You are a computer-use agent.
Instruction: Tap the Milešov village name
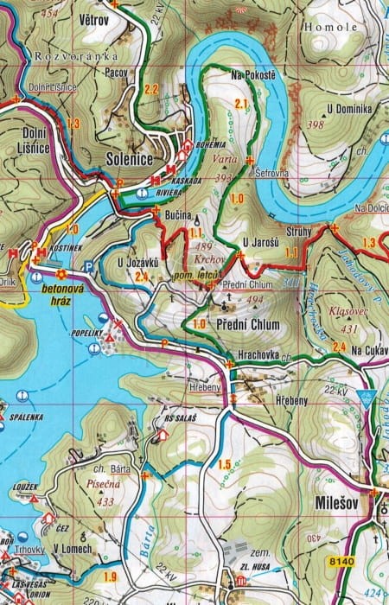tap(333, 502)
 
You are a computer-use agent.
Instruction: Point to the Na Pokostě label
tap(253, 77)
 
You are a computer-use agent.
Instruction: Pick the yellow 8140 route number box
tap(343, 562)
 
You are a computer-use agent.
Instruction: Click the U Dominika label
tap(349, 109)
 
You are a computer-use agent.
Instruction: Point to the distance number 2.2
tap(151, 89)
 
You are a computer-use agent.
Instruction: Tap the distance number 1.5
tap(225, 465)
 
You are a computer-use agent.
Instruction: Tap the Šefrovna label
tap(272, 174)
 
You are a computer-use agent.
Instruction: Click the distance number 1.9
tap(110, 576)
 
